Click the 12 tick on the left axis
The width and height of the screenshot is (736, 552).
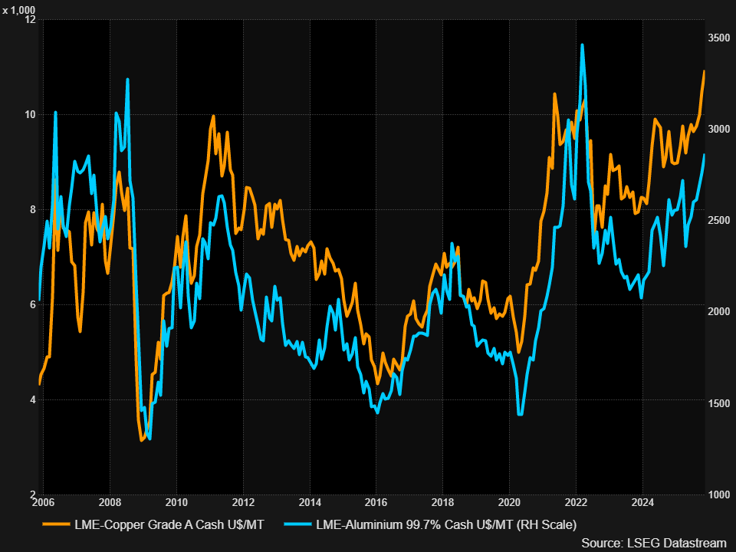click(x=31, y=19)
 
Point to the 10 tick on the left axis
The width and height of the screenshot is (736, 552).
click(x=31, y=114)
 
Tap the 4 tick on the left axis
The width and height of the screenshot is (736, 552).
click(x=32, y=399)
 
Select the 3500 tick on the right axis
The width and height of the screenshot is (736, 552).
click(x=718, y=38)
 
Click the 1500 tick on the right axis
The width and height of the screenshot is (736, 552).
click(x=718, y=403)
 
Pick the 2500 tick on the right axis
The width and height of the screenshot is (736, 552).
click(x=718, y=221)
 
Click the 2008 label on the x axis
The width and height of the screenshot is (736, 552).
click(x=110, y=502)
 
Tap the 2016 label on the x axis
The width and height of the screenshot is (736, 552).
click(x=376, y=502)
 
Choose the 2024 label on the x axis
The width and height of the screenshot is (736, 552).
click(x=643, y=502)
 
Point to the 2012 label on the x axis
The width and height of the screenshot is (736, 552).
click(x=243, y=502)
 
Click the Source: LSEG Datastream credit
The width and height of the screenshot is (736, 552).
click(x=653, y=542)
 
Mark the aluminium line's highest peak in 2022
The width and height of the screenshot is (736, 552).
click(x=582, y=44)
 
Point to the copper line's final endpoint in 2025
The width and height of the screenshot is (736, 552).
click(x=704, y=71)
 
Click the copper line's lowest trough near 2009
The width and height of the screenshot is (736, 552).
click(x=142, y=441)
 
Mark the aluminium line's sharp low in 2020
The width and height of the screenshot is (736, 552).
click(x=520, y=415)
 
